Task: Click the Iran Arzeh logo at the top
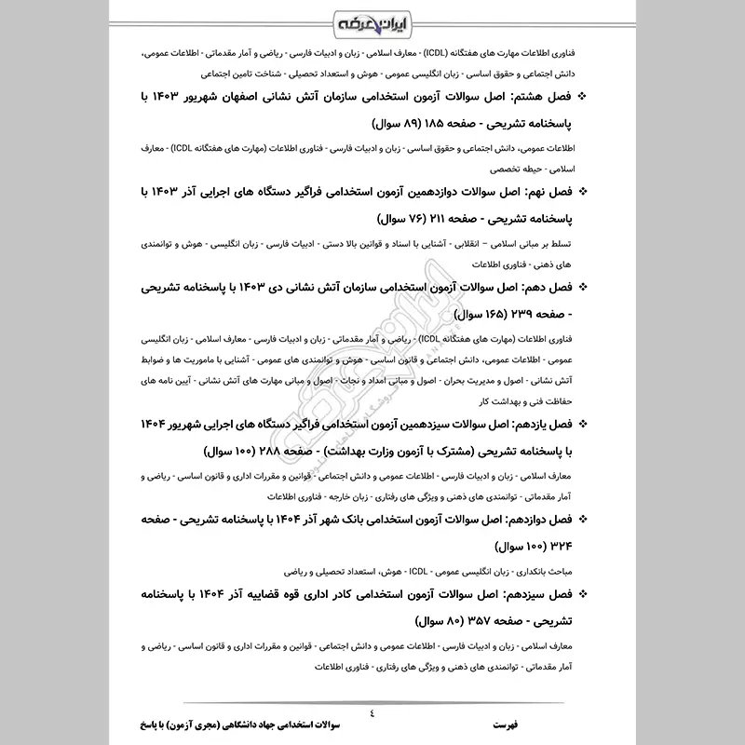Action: point(372,20)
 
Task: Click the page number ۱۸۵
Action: point(447,123)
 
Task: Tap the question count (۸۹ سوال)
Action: point(400,123)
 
